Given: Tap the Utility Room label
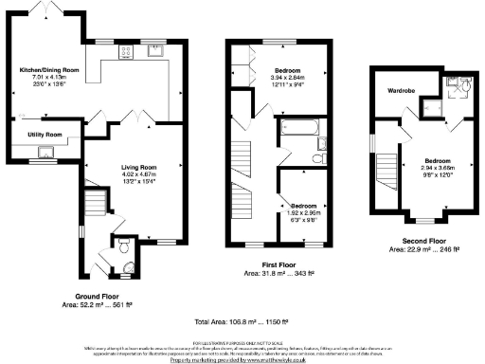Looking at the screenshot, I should (x=44, y=136).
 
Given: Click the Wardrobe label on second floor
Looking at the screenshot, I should (x=395, y=91).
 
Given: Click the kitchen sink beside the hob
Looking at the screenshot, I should (x=155, y=49).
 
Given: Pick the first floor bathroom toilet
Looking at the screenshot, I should (x=321, y=144).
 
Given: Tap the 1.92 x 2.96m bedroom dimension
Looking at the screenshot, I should (x=304, y=212).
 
